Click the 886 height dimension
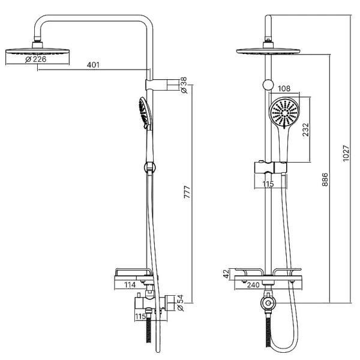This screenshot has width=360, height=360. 325,180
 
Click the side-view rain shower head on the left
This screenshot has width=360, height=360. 37,50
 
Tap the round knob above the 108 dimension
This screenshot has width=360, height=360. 268,85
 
